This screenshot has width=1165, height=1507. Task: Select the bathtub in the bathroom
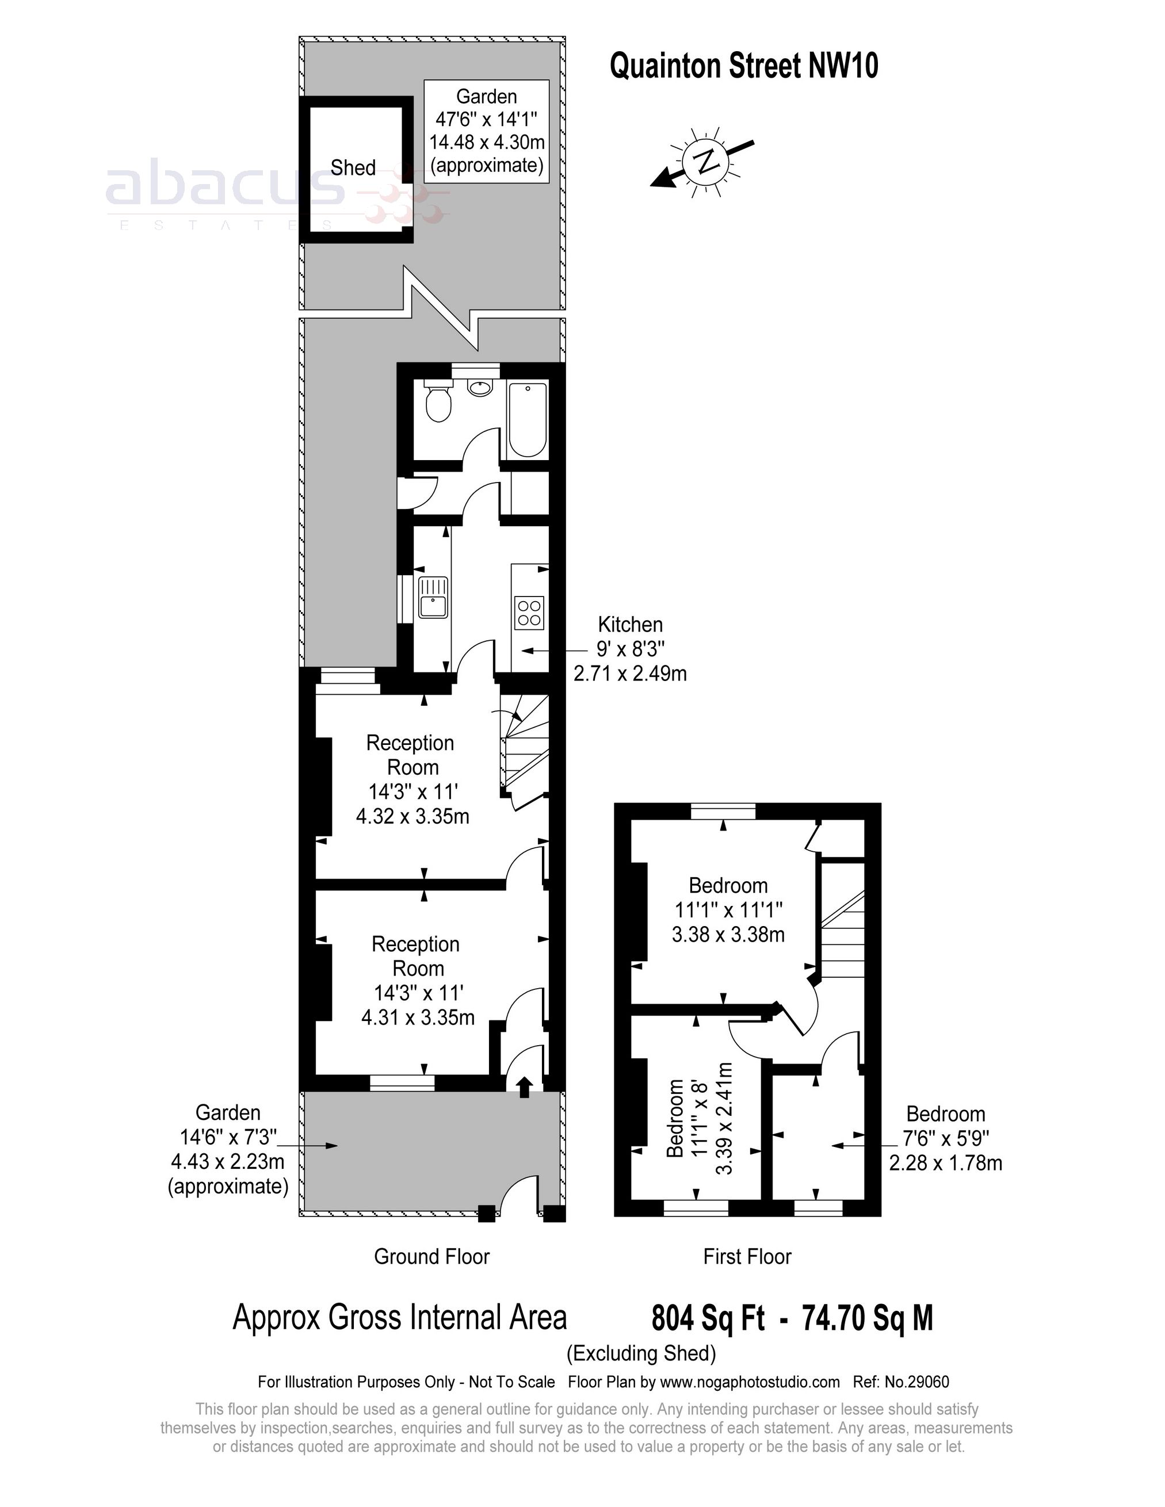pyautogui.click(x=528, y=419)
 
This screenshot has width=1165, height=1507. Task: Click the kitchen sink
pyautogui.click(x=433, y=598)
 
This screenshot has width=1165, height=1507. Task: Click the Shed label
pyautogui.click(x=353, y=168)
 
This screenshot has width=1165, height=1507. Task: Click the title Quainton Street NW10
pyautogui.click(x=743, y=67)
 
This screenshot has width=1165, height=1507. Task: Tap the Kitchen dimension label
pyautogui.click(x=629, y=649)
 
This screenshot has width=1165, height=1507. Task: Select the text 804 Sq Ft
pyautogui.click(x=708, y=1318)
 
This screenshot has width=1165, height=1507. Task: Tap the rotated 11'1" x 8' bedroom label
pyautogui.click(x=697, y=1119)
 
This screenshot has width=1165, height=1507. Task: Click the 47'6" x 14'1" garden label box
pyautogui.click(x=487, y=131)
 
